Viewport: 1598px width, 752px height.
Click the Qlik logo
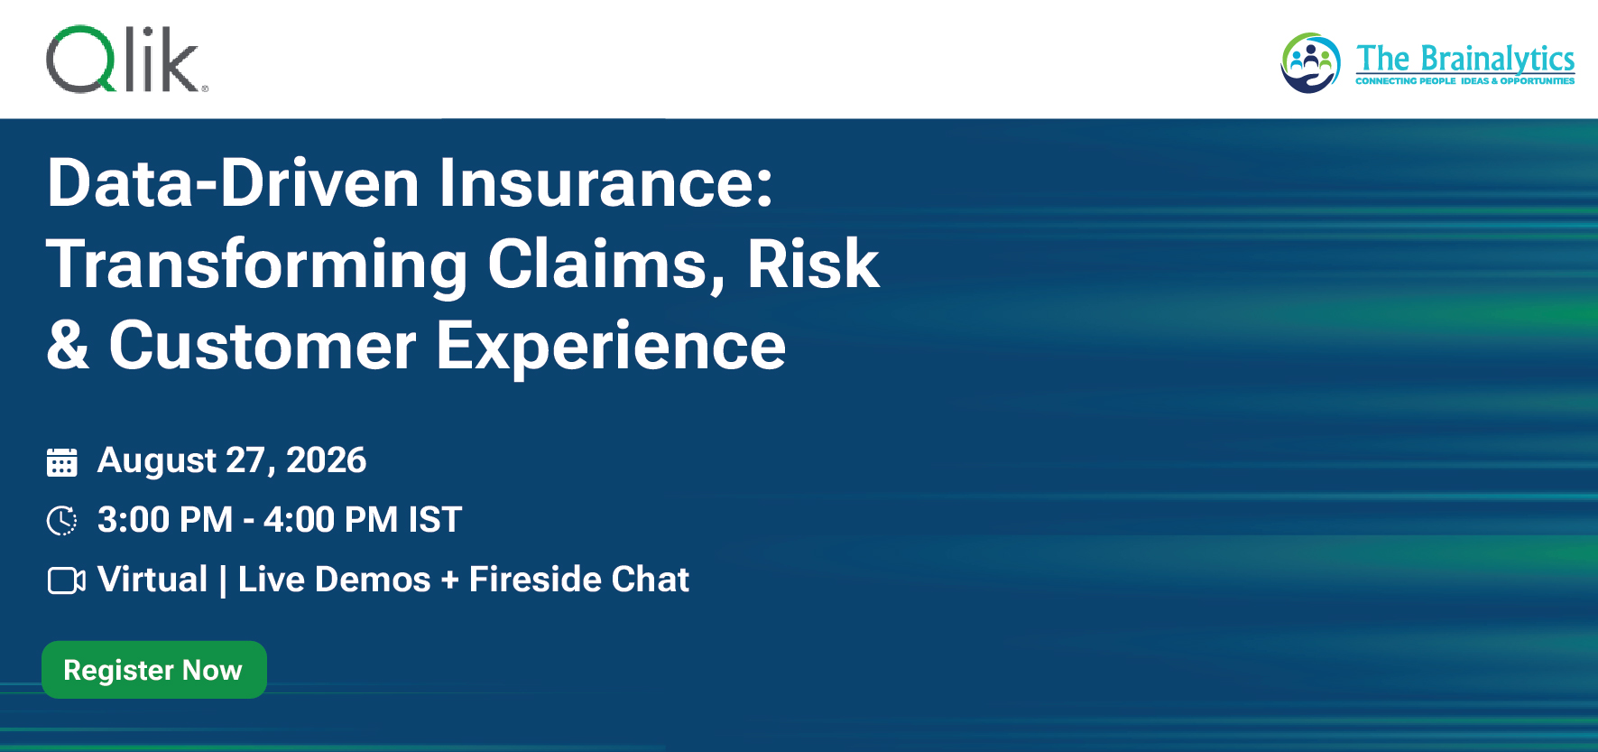126,60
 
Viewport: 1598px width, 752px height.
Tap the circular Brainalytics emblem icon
1310,62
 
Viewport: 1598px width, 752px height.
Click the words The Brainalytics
1465,59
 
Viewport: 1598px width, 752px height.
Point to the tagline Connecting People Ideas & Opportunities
1465,81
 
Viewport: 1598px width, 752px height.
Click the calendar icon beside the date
61,462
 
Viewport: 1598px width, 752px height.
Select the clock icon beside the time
61,521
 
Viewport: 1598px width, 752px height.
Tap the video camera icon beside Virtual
66,580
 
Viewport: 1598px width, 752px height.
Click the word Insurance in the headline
606,183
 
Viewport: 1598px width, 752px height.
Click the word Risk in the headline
813,265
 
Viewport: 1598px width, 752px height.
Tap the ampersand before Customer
69,345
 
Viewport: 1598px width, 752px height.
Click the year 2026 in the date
327,460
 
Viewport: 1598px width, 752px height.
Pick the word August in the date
157,461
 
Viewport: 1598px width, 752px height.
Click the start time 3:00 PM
165,520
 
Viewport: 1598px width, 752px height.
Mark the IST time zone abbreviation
435,520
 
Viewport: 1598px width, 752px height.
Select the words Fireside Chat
579,580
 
